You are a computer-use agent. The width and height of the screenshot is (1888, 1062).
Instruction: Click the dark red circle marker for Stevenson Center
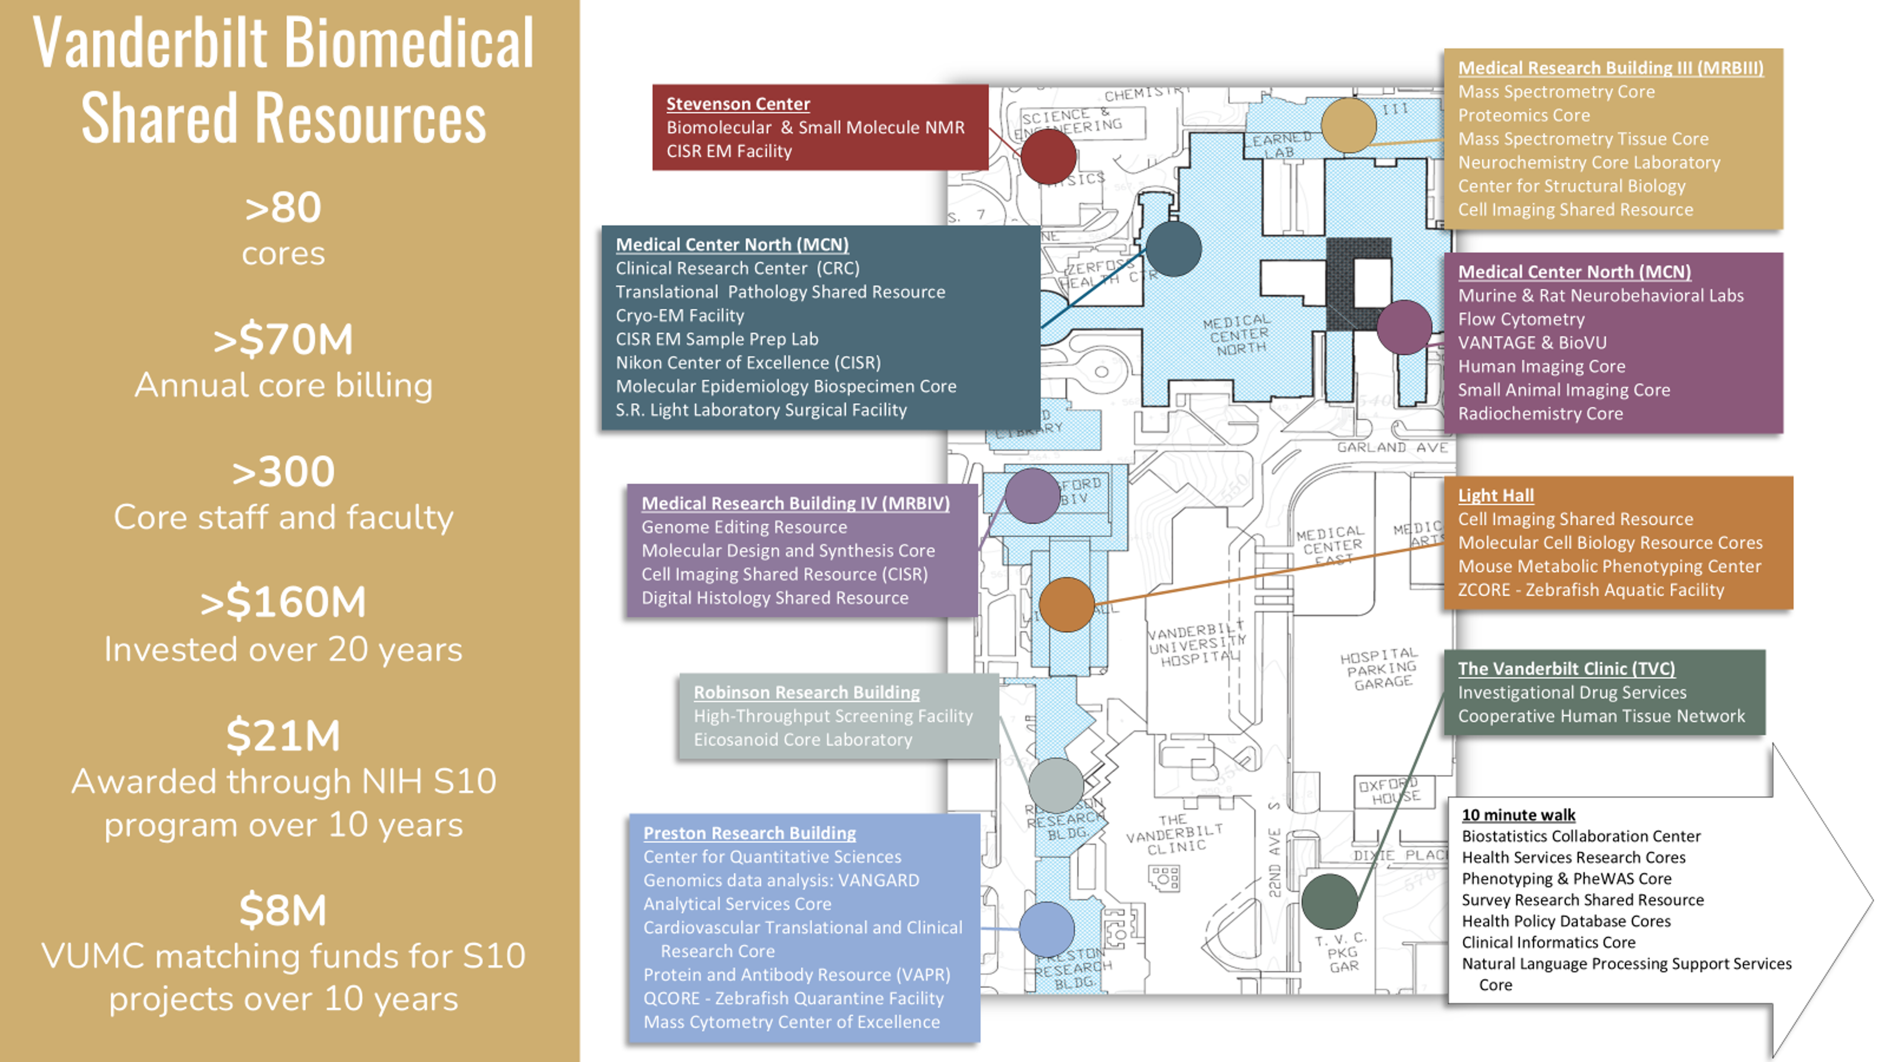click(x=1048, y=157)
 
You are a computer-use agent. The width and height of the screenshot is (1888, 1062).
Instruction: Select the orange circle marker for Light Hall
click(x=1066, y=604)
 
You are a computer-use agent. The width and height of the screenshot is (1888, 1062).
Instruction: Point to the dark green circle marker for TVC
click(x=1329, y=901)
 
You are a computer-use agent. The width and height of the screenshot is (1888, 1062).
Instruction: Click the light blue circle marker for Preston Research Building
click(x=1047, y=929)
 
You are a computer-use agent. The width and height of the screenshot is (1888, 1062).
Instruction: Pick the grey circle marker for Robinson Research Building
click(x=1056, y=785)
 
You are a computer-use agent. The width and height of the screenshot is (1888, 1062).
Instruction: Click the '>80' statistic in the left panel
click(x=283, y=208)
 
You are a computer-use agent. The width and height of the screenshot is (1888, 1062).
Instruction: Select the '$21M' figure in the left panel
click(x=283, y=735)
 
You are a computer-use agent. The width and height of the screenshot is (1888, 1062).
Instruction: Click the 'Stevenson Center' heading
click(x=737, y=104)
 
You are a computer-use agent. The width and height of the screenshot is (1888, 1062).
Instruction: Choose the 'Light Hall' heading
click(x=1495, y=496)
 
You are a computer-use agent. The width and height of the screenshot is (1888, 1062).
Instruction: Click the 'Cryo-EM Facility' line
click(x=680, y=315)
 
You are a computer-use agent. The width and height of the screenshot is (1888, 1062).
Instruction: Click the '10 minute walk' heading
click(x=1518, y=814)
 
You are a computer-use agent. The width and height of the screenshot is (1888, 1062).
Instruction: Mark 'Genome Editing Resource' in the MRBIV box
click(x=744, y=527)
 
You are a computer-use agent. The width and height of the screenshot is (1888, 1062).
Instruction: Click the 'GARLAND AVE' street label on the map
click(x=1392, y=447)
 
